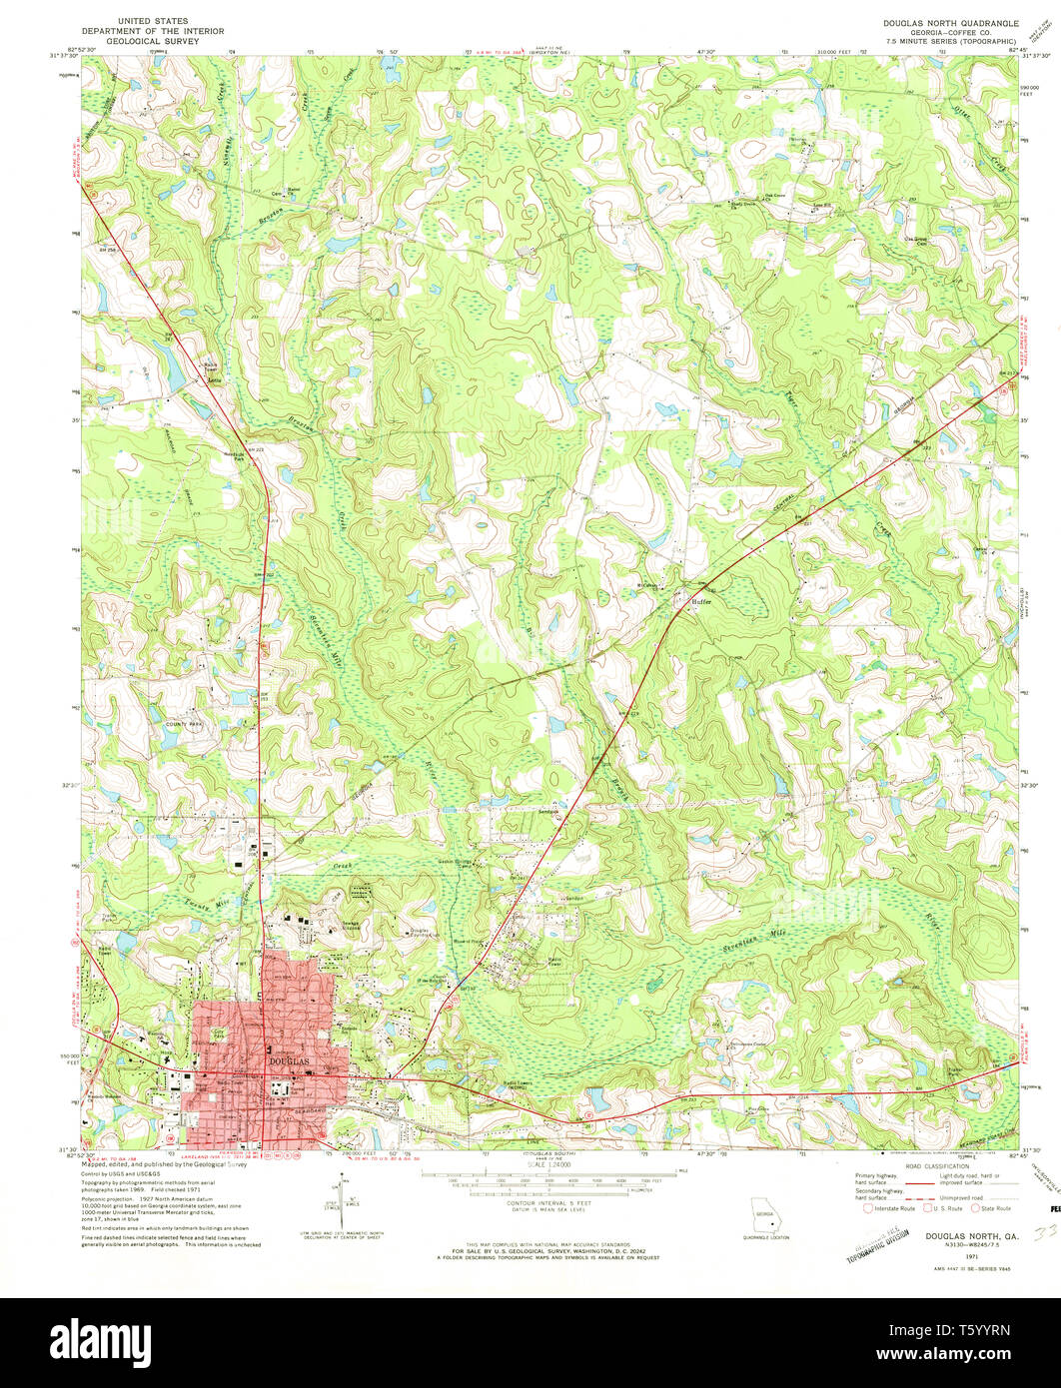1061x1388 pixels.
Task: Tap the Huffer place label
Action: click(x=695, y=601)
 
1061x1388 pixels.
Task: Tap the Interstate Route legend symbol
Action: click(x=868, y=1208)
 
